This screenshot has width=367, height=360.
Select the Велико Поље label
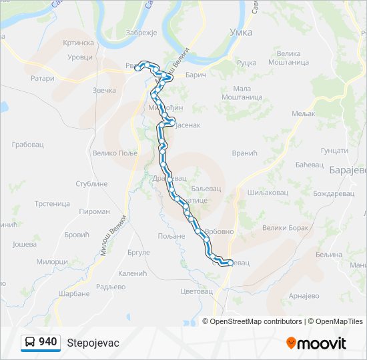[x=114, y=153]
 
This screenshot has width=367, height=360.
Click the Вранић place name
[x=244, y=153]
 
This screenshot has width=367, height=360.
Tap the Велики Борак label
[x=285, y=228]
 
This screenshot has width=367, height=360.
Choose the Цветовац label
[x=196, y=291]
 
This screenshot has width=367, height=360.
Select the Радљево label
[x=111, y=287]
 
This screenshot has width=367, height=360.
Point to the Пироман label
[x=94, y=211]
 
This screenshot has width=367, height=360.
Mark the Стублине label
[x=91, y=183]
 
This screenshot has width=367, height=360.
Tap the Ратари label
[x=42, y=78]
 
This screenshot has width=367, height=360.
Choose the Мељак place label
[x=304, y=114]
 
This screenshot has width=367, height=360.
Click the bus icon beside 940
[x=30, y=343]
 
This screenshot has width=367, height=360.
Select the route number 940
[x=48, y=342]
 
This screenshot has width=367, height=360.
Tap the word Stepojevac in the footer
[x=93, y=343]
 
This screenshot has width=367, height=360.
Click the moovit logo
[x=316, y=343]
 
